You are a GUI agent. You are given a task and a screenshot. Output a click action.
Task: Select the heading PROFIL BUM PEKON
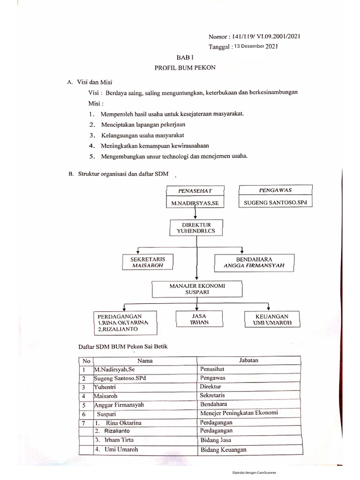click(181, 68)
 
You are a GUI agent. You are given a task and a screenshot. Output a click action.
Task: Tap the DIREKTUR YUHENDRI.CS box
click(196, 228)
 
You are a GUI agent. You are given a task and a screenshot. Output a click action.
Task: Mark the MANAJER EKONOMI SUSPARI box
click(196, 288)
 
